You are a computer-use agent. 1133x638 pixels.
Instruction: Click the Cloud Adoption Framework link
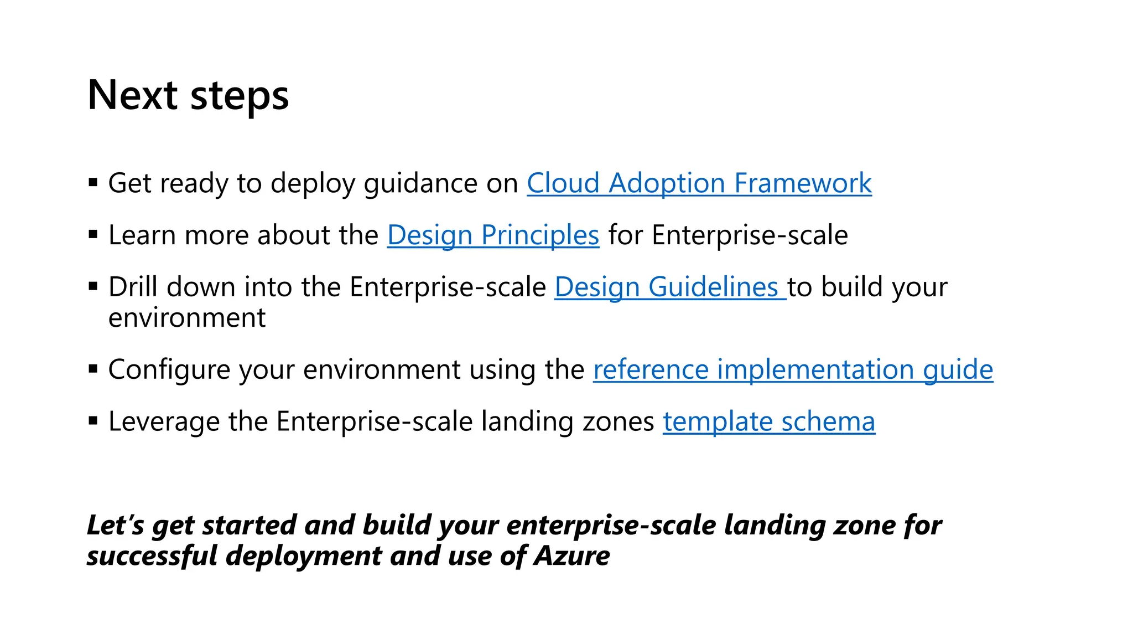pyautogui.click(x=699, y=183)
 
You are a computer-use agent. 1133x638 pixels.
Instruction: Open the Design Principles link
pyautogui.click(x=493, y=235)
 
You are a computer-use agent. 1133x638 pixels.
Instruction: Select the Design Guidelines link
pyautogui.click(x=670, y=287)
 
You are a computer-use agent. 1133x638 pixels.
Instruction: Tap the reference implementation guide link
pyautogui.click(x=793, y=369)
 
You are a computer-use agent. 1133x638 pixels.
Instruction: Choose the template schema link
pyautogui.click(x=769, y=421)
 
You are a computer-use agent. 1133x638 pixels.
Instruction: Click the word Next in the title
pyautogui.click(x=132, y=95)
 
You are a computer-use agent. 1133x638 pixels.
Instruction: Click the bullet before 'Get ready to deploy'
pyautogui.click(x=93, y=182)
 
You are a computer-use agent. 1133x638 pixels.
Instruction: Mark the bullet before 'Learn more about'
pyautogui.click(x=93, y=234)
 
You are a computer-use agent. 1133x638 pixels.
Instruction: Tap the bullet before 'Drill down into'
pyautogui.click(x=93, y=286)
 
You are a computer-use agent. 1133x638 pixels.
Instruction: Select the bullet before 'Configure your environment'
pyautogui.click(x=93, y=368)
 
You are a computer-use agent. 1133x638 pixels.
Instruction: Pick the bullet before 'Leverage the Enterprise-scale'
pyautogui.click(x=93, y=420)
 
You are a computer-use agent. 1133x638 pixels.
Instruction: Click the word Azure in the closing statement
pyautogui.click(x=571, y=555)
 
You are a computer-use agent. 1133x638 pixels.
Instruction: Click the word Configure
pyautogui.click(x=169, y=370)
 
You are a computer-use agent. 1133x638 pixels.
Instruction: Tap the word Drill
pyautogui.click(x=133, y=287)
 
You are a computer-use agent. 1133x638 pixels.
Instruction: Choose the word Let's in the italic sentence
pyautogui.click(x=115, y=525)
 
